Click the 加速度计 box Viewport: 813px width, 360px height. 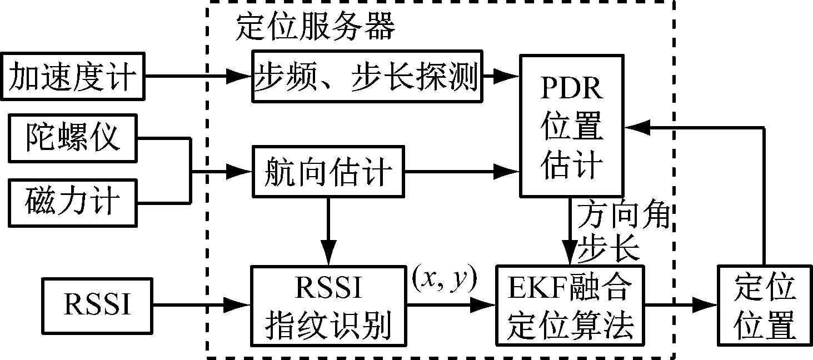73,77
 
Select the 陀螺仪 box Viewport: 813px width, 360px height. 73,137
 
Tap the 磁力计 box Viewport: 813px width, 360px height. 73,202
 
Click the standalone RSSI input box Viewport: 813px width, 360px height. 98,304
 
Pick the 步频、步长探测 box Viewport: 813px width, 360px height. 367,77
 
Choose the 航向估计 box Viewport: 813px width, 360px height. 328,172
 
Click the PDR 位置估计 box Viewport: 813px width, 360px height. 572,125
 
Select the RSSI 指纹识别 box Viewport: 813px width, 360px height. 328,305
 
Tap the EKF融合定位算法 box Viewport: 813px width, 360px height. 571,305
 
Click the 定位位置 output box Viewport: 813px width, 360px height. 764,305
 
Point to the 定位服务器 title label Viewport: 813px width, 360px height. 315,27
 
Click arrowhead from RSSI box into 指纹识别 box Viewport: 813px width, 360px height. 240,304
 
